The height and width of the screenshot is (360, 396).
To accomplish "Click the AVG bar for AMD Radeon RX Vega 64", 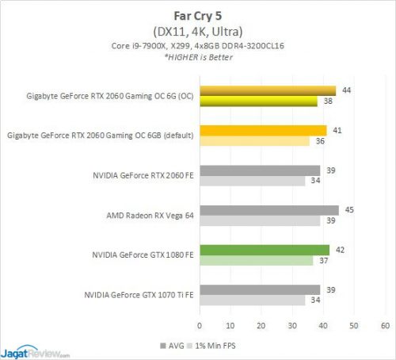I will pos(269,210).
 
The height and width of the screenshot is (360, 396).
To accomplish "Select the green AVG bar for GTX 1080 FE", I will pos(265,250).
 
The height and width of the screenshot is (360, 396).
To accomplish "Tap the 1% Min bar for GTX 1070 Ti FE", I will pos(252,301).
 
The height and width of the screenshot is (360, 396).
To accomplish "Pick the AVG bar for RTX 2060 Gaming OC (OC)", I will pos(268,90).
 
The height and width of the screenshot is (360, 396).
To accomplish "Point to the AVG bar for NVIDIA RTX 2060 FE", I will pos(260,170).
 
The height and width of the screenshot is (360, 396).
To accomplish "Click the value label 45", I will pos(350,210).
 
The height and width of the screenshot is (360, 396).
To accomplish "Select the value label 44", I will pos(347,90).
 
